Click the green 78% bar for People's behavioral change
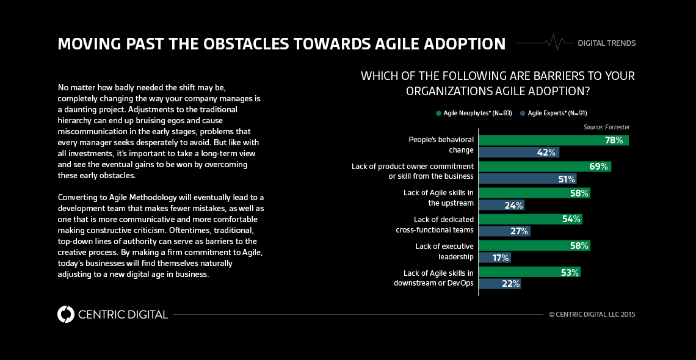(553, 140)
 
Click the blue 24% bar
(501, 206)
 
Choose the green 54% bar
(530, 219)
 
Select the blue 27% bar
(504, 232)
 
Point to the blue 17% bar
(495, 258)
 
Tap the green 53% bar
(529, 272)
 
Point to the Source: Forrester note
(607, 127)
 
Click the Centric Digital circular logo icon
(65, 314)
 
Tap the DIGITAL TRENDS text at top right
(607, 43)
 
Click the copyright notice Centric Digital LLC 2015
(592, 315)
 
